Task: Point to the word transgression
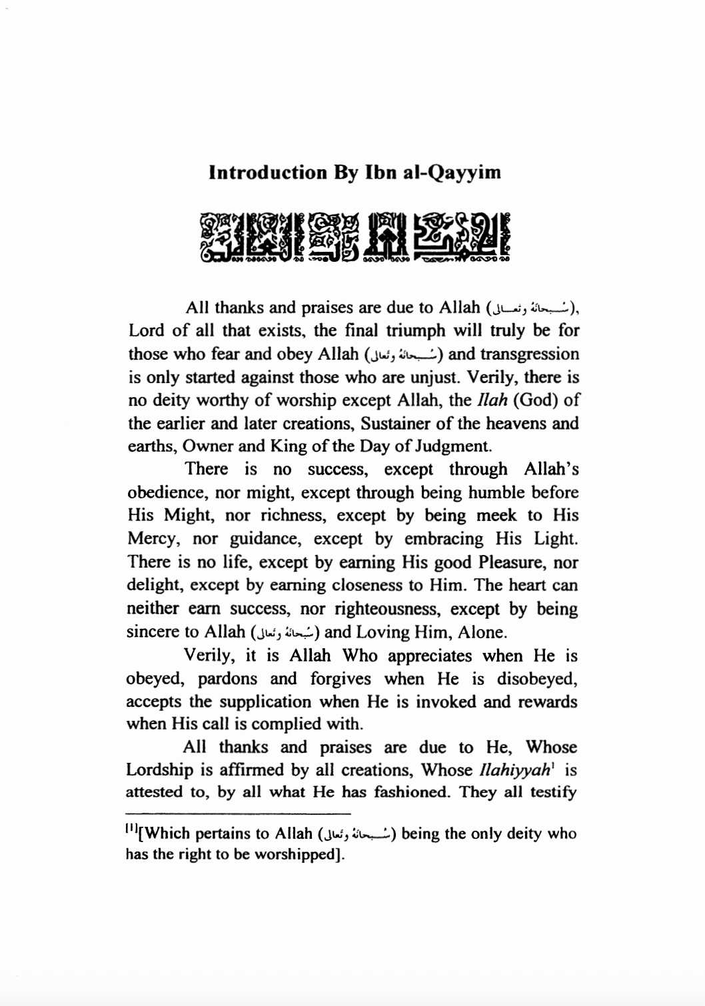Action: tap(528, 354)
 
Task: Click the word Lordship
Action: tap(158, 770)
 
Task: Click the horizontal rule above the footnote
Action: tap(238, 813)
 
